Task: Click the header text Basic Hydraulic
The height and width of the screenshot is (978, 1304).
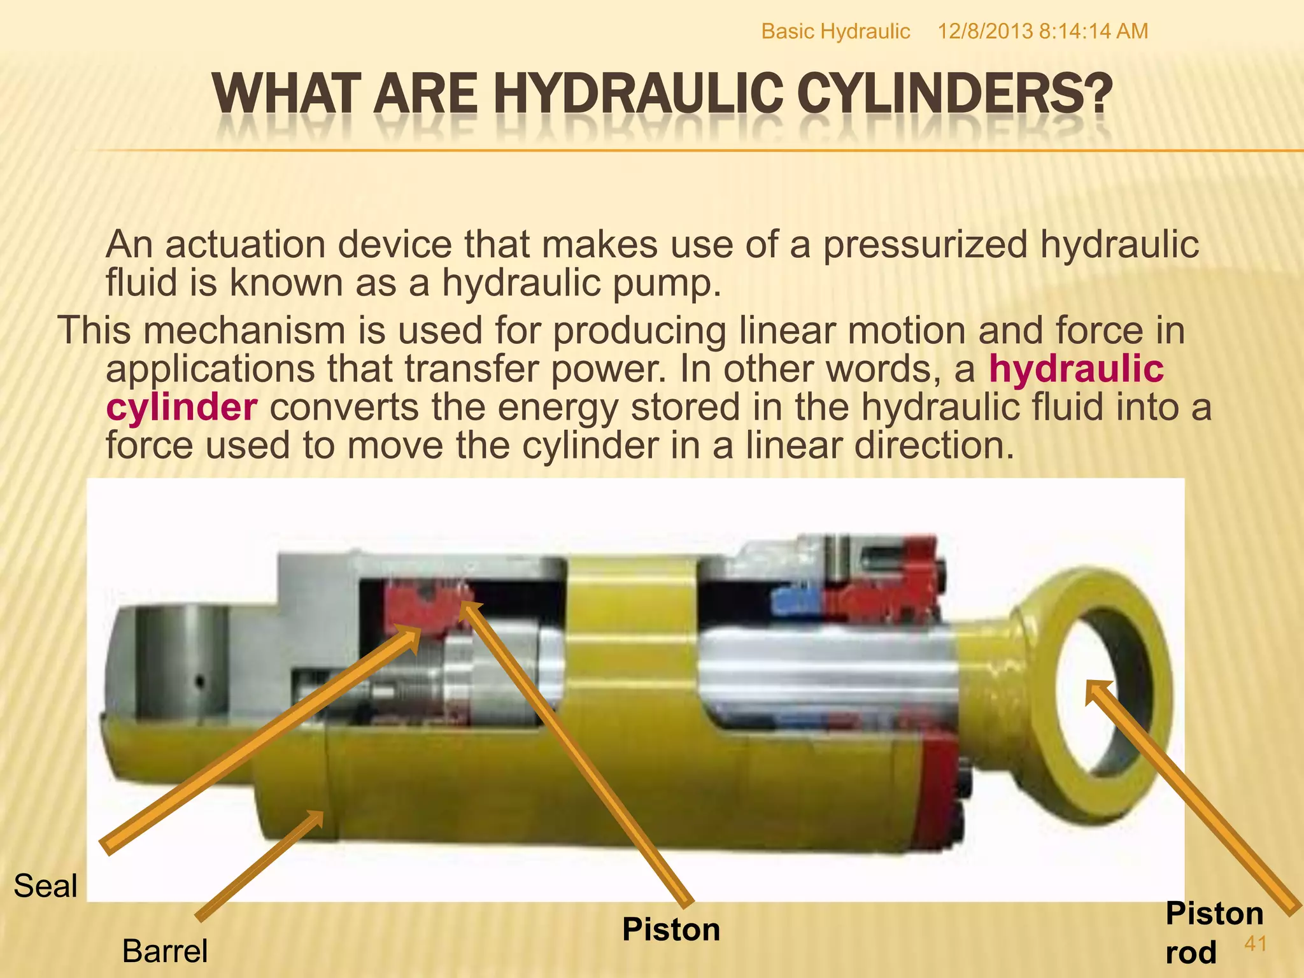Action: [835, 31]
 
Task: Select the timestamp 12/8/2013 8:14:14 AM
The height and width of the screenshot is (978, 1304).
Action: [1042, 31]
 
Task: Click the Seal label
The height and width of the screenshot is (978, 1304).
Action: [45, 886]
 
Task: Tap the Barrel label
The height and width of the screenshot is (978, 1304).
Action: [165, 951]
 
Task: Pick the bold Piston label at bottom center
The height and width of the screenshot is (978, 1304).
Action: [671, 930]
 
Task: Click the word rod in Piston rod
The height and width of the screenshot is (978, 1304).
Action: [1191, 953]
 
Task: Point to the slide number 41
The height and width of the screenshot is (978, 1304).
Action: [1255, 944]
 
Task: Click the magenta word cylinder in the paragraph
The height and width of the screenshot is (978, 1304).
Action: [181, 407]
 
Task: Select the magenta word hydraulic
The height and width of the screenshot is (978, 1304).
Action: [1076, 369]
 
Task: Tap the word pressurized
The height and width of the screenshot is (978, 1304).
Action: [925, 244]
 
